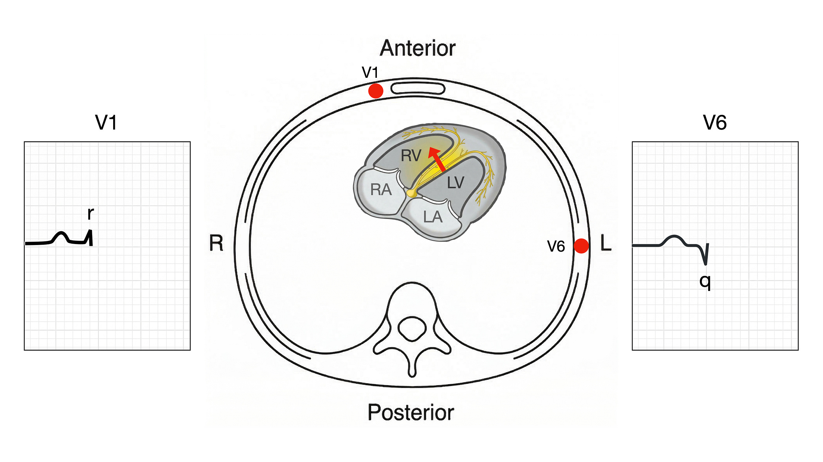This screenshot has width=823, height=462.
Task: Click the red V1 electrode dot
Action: click(x=375, y=91)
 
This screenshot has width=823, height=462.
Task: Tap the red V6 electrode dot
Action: click(x=581, y=246)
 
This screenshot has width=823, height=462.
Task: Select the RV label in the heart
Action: click(x=411, y=156)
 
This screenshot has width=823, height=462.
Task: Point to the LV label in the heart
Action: click(x=455, y=183)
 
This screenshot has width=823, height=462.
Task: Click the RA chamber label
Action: click(x=381, y=190)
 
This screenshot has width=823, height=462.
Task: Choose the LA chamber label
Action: click(x=433, y=217)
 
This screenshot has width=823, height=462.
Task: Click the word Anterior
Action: click(x=417, y=48)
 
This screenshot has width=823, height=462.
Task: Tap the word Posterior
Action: click(x=410, y=412)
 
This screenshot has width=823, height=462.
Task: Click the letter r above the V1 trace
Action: click(x=90, y=214)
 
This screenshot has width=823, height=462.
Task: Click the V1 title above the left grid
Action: click(x=106, y=122)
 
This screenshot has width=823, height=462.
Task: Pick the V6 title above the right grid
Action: click(x=715, y=122)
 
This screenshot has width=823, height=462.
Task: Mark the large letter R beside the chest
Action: click(x=216, y=243)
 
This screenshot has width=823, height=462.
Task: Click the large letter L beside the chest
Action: click(x=606, y=243)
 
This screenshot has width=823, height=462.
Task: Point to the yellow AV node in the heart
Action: click(x=411, y=194)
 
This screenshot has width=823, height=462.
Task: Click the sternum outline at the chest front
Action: click(x=418, y=88)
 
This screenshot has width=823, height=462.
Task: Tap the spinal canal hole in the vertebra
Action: click(x=412, y=329)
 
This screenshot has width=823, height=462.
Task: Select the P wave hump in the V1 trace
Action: click(x=61, y=235)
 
